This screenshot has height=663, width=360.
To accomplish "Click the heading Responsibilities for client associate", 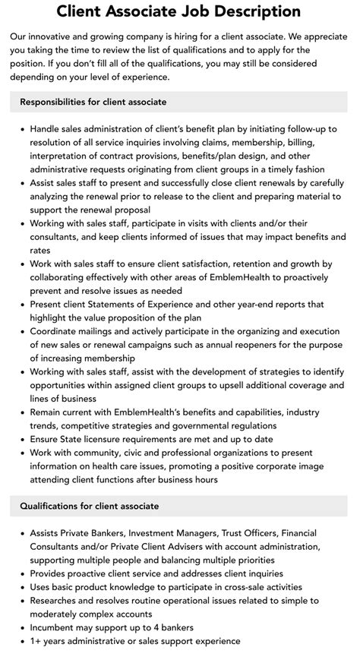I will point(93,102).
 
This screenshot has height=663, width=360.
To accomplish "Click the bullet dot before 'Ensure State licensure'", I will point(23,439).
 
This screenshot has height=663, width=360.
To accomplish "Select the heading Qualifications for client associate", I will point(90,506).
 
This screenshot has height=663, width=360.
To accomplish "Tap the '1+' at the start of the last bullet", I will point(36,642).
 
